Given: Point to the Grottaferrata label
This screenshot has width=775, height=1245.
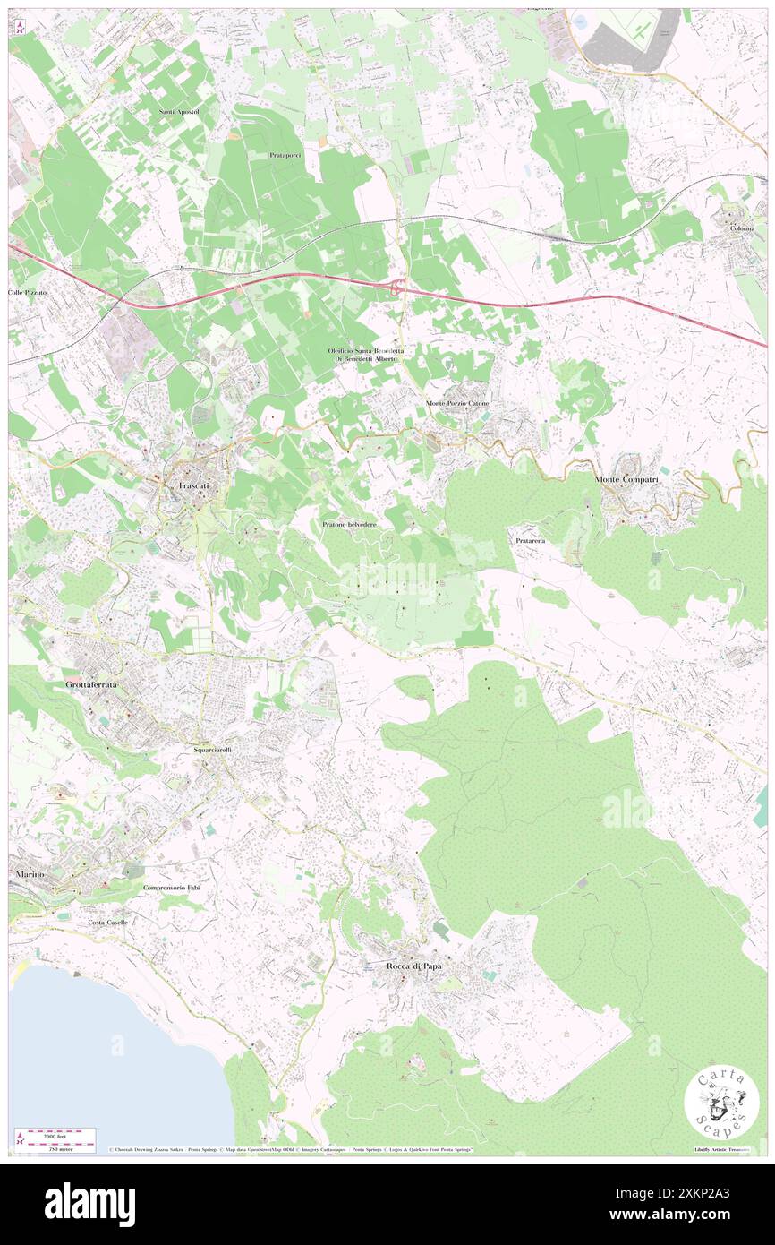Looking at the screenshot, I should tap(92, 684).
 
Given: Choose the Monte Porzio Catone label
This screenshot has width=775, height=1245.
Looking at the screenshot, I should tap(457, 403).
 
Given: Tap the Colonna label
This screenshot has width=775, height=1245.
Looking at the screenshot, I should tap(741, 228).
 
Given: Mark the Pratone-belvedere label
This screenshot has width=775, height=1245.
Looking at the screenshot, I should tap(350, 523).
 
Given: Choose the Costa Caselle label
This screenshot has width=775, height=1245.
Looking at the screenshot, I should tap(107, 922).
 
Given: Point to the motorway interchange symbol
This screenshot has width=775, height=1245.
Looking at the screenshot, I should tap(396, 287).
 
